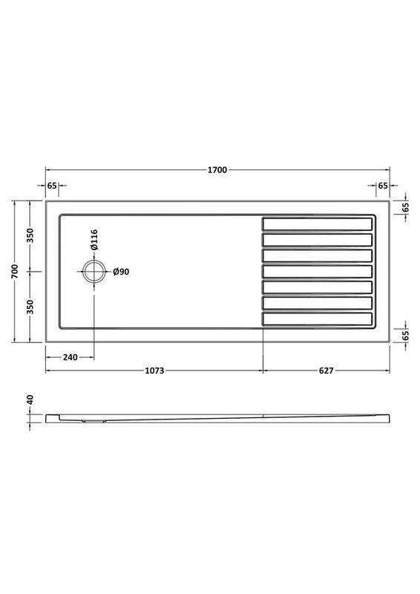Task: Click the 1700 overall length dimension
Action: (217, 169)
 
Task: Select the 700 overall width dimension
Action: (14, 272)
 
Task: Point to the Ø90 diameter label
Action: (122, 272)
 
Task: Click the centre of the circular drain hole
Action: (94, 272)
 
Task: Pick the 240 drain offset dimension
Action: (70, 357)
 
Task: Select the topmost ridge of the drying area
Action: (317, 223)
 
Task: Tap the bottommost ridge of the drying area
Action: (317, 319)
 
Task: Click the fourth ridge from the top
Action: (317, 271)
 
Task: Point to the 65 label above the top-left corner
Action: (52, 185)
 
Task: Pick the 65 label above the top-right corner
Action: (383, 185)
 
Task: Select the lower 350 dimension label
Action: (30, 307)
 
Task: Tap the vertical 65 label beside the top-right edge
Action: (406, 207)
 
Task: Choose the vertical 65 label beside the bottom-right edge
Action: (406, 335)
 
